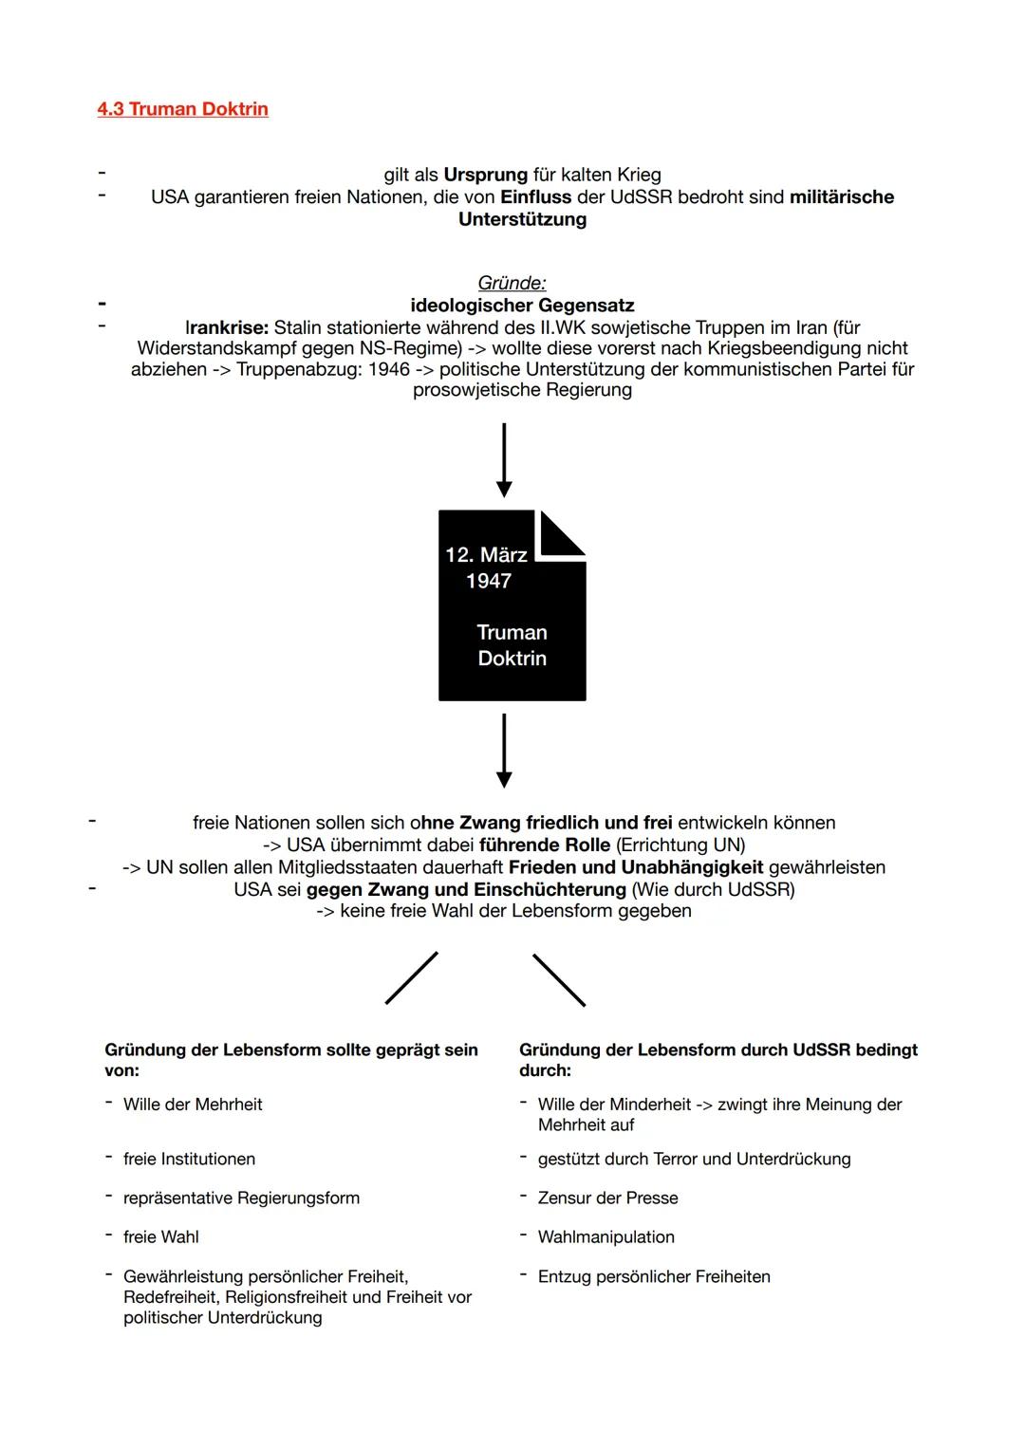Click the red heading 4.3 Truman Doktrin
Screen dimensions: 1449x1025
point(182,109)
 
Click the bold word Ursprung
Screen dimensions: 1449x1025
point(485,175)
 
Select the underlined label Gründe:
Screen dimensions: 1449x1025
point(512,283)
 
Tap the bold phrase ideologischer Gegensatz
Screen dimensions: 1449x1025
point(522,306)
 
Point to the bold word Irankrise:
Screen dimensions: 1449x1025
point(227,327)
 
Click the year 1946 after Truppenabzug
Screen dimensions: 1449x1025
point(389,369)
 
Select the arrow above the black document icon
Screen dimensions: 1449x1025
point(504,460)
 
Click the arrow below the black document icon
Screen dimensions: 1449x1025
point(504,751)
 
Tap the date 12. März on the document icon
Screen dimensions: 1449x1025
point(486,555)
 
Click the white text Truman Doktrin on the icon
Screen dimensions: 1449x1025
point(512,645)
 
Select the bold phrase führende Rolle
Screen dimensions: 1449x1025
point(545,845)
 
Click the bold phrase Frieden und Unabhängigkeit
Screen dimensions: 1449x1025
point(636,867)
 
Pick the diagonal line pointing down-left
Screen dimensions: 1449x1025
point(412,977)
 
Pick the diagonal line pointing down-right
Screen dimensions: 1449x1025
point(559,979)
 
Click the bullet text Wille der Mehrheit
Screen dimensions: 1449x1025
point(193,1105)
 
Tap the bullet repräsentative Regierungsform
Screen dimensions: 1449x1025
point(241,1198)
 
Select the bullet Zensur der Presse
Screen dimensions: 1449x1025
point(607,1198)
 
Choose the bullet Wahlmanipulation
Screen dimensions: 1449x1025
point(606,1237)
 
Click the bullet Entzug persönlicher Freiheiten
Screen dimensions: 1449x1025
point(654,1277)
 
